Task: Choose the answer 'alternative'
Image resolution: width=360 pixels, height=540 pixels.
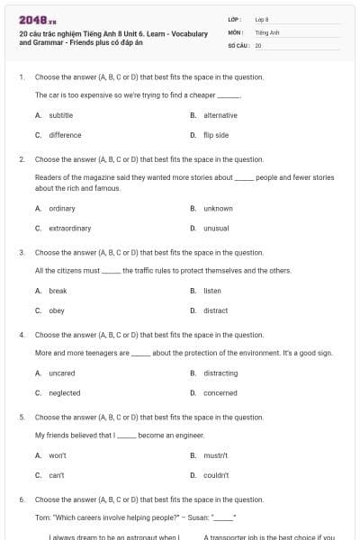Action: (x=220, y=115)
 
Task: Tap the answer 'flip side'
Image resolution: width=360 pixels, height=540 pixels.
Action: (x=216, y=135)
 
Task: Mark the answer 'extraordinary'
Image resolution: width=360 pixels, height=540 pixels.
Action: (x=69, y=228)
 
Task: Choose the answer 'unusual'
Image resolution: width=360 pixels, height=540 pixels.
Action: (x=216, y=228)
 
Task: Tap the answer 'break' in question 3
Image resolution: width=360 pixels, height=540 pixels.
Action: (x=58, y=291)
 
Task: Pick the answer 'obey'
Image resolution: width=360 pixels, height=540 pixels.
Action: (x=57, y=310)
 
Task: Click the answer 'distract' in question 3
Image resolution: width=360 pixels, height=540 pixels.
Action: (x=215, y=310)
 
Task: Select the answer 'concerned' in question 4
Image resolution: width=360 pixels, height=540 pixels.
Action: (x=220, y=392)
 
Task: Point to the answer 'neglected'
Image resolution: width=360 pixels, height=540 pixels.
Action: (x=64, y=392)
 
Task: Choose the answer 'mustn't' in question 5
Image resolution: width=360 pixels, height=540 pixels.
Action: (x=215, y=455)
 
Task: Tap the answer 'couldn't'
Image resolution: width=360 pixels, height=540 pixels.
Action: (x=216, y=475)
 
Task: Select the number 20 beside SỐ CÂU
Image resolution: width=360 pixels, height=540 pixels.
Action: (x=258, y=44)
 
